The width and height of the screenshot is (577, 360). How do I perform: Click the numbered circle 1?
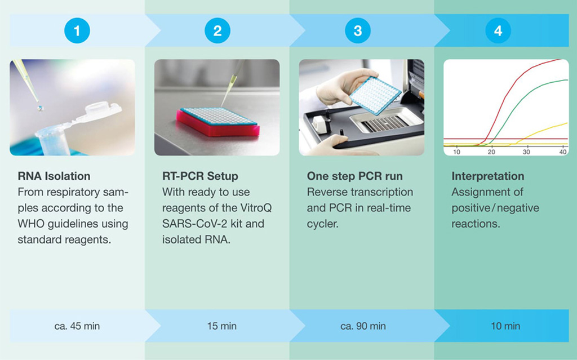[77, 30]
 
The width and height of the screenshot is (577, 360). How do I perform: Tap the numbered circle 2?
[218, 30]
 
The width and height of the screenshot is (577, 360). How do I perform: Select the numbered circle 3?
[358, 30]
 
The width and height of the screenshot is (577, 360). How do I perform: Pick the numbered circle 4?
[498, 30]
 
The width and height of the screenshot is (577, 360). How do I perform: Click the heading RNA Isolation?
[54, 176]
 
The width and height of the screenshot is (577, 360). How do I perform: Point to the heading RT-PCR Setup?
[200, 176]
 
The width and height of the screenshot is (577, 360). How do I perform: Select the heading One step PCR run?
[355, 176]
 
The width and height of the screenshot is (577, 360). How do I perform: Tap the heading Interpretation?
[488, 176]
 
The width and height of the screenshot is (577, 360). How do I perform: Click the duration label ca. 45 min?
[77, 326]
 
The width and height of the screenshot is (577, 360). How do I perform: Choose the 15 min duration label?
[222, 326]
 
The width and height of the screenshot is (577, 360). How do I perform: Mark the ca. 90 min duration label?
[363, 326]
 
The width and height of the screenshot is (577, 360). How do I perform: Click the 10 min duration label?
[505, 326]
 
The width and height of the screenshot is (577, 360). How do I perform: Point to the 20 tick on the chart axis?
[491, 152]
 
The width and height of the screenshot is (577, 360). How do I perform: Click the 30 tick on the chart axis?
[526, 152]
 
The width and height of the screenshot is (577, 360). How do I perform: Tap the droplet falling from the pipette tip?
[40, 108]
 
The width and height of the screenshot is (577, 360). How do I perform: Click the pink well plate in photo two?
[218, 122]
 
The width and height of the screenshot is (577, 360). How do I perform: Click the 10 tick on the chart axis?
[456, 152]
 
